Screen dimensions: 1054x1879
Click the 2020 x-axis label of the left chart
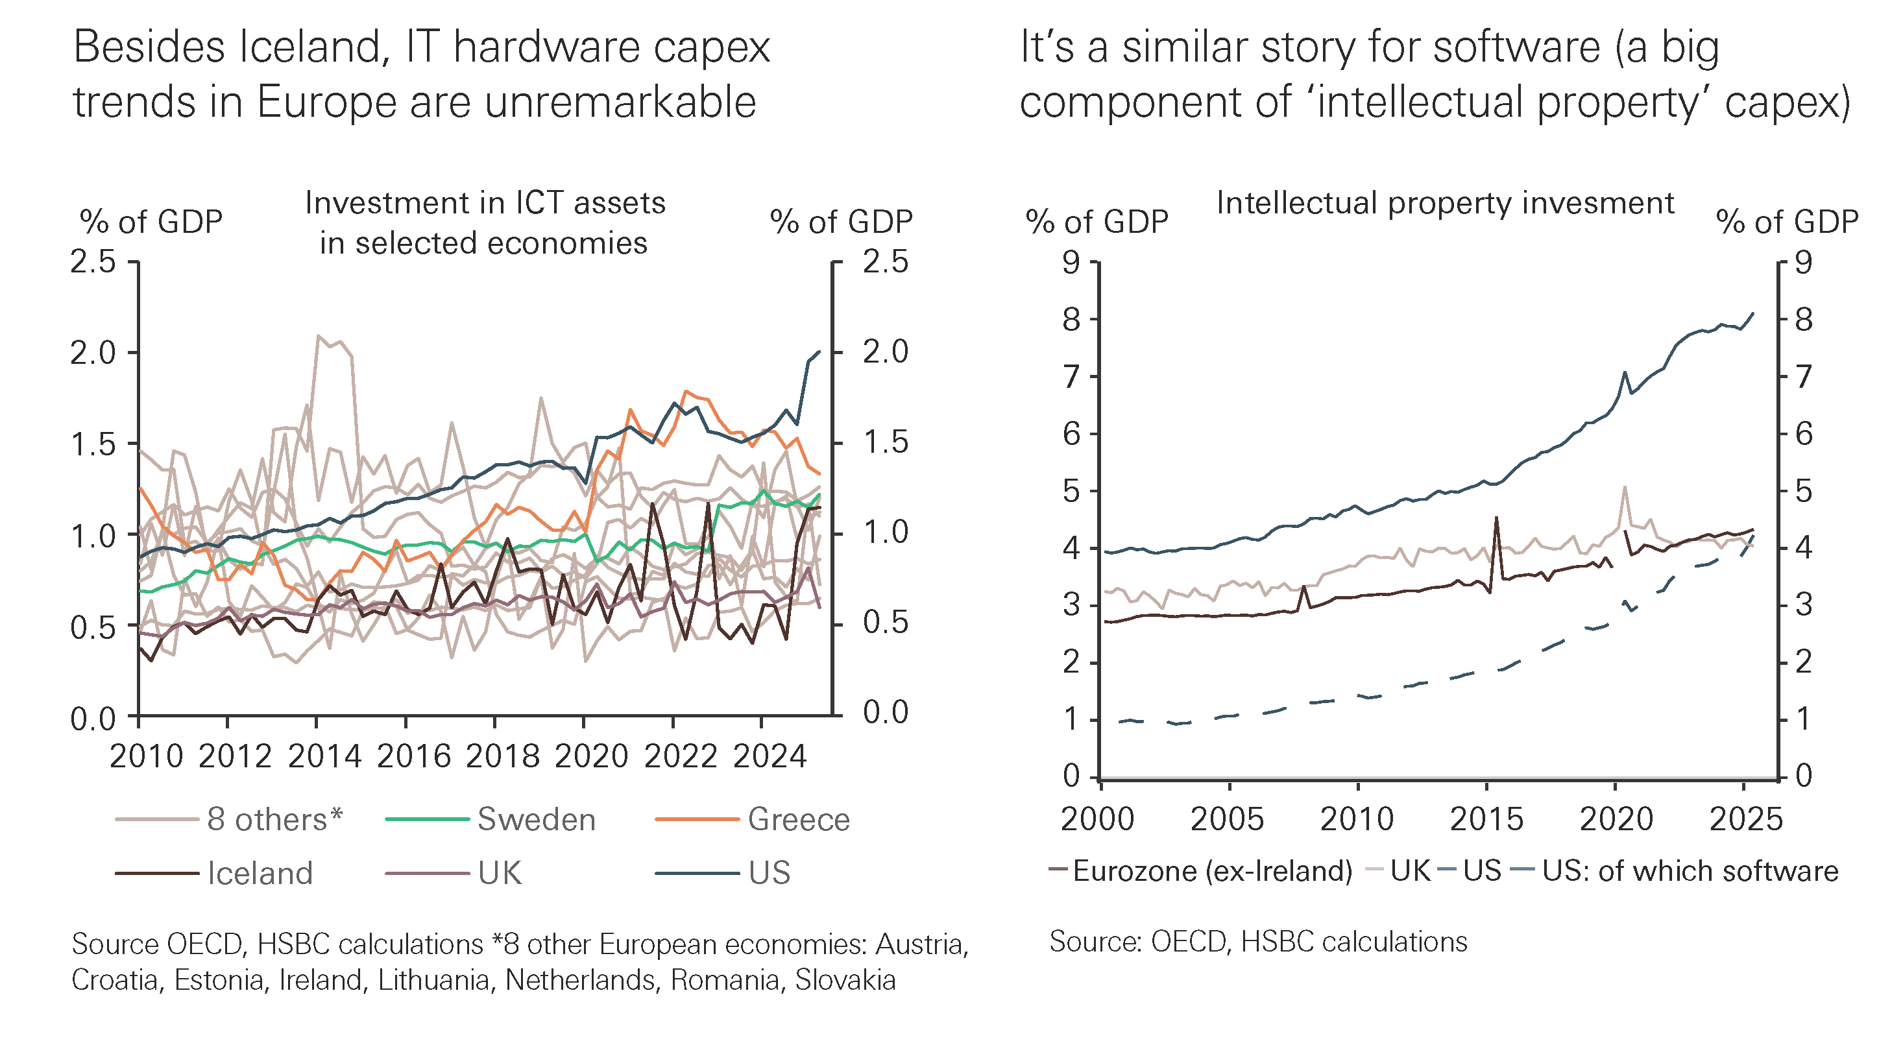point(591,756)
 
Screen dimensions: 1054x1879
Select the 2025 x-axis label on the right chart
point(1745,819)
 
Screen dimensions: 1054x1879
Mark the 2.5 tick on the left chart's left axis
point(93,262)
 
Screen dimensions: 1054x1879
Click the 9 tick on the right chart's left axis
point(1071,262)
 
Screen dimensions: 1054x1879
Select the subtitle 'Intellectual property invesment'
point(1445,204)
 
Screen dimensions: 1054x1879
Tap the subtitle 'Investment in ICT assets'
point(485,204)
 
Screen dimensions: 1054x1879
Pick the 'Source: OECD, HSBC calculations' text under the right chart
point(1258,942)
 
